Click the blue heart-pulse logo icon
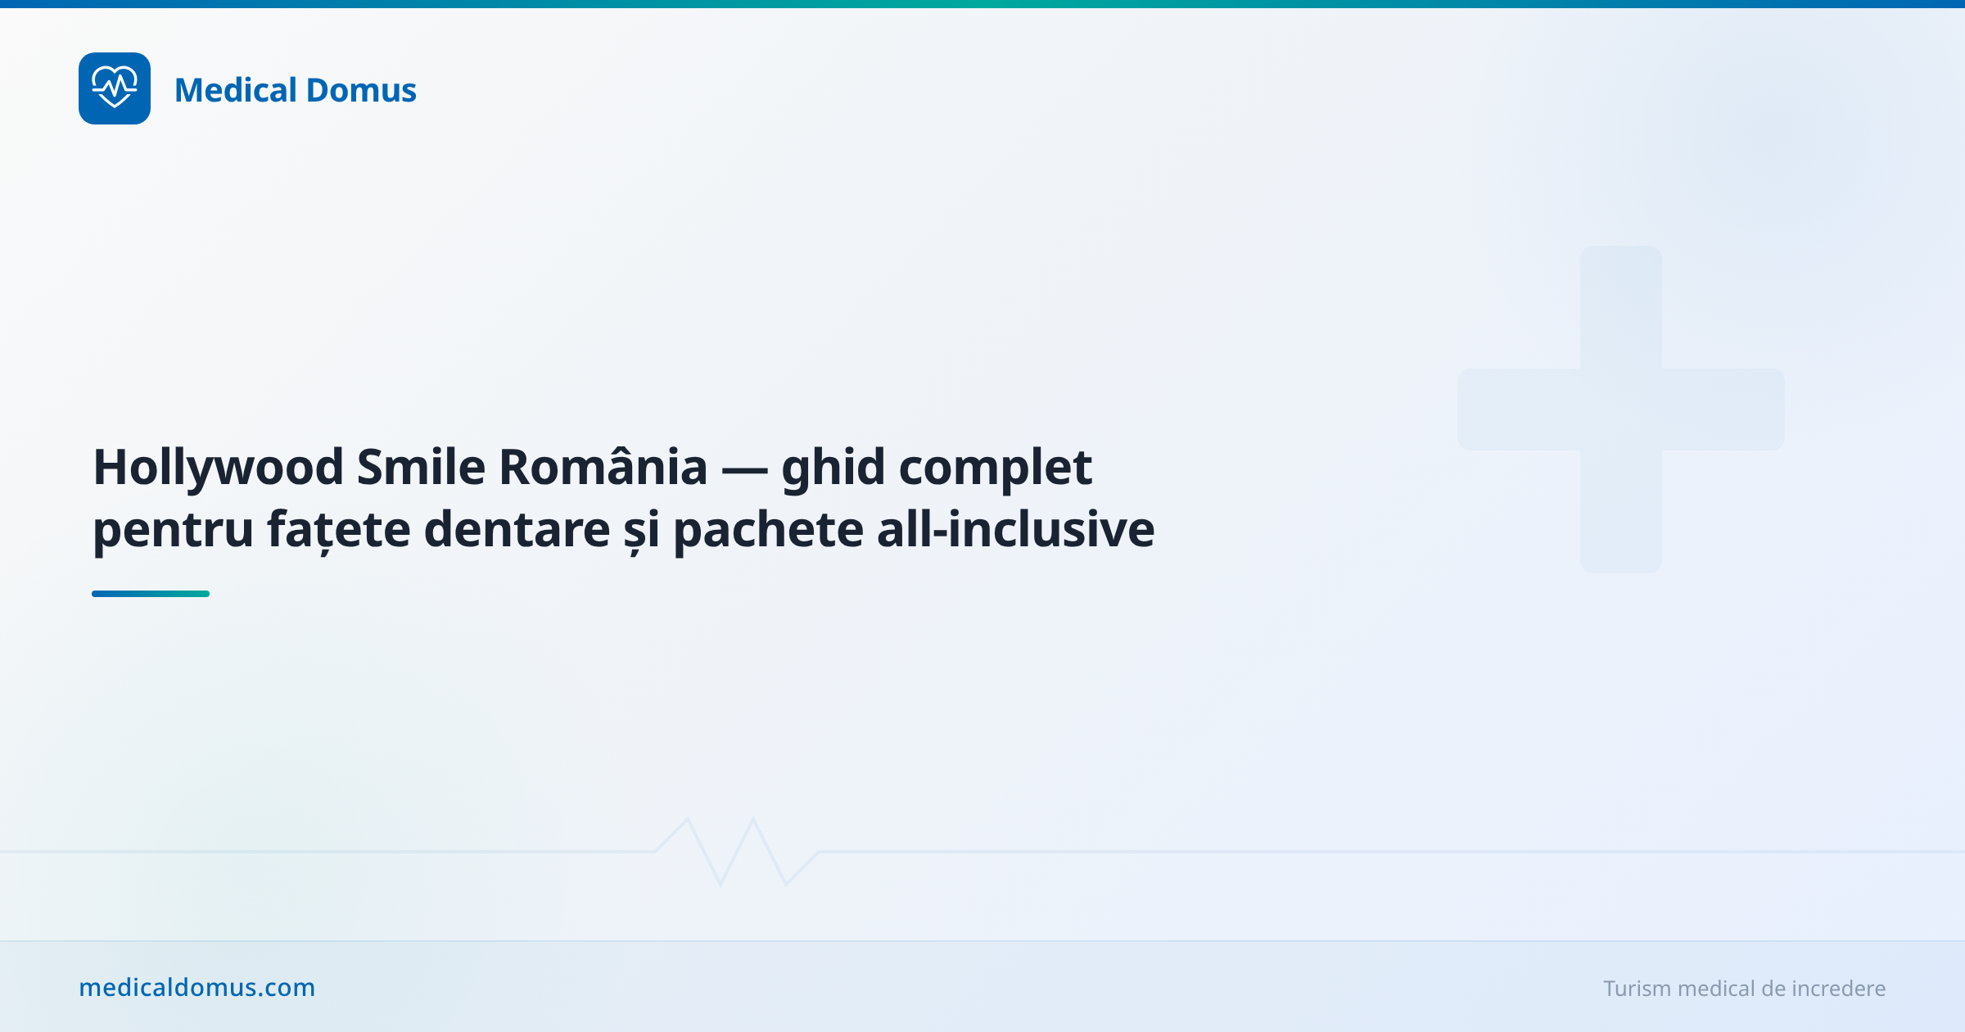pyautogui.click(x=115, y=88)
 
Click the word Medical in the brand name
pyautogui.click(x=235, y=90)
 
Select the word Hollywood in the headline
pyautogui.click(x=219, y=468)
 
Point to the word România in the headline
pyautogui.click(x=603, y=468)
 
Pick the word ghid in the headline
pyautogui.click(x=833, y=468)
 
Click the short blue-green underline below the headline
pyautogui.click(x=151, y=594)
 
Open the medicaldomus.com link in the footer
pyautogui.click(x=196, y=988)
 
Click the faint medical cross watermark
pyautogui.click(x=1621, y=410)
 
